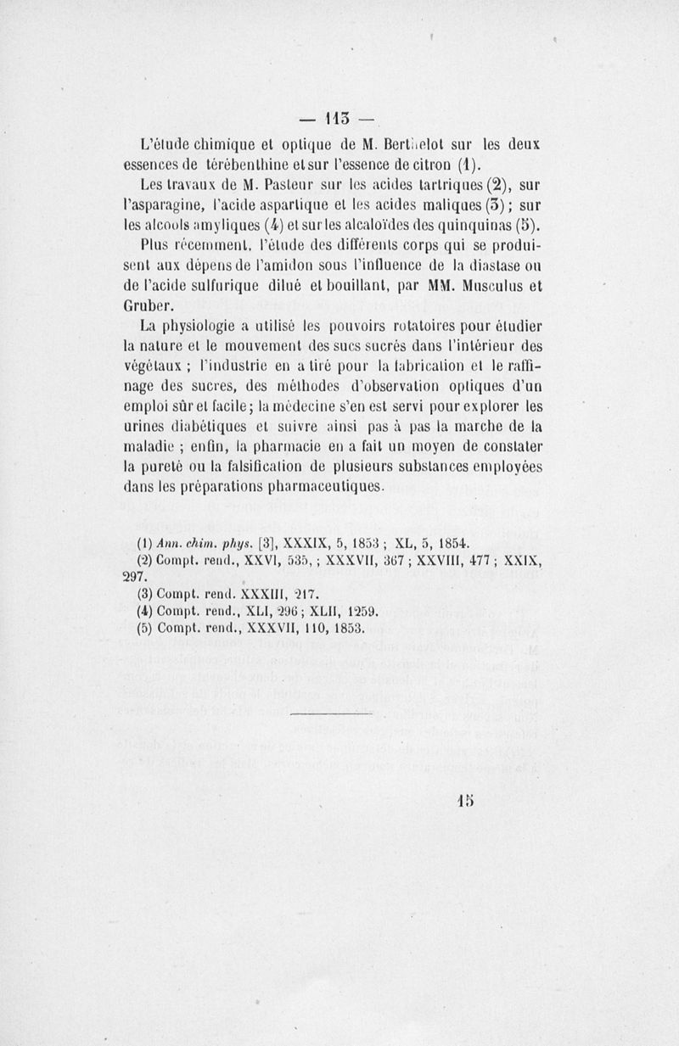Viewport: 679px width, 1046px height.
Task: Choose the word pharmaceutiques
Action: click(x=317, y=488)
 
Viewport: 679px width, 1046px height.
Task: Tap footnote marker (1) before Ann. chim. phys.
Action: click(x=144, y=544)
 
